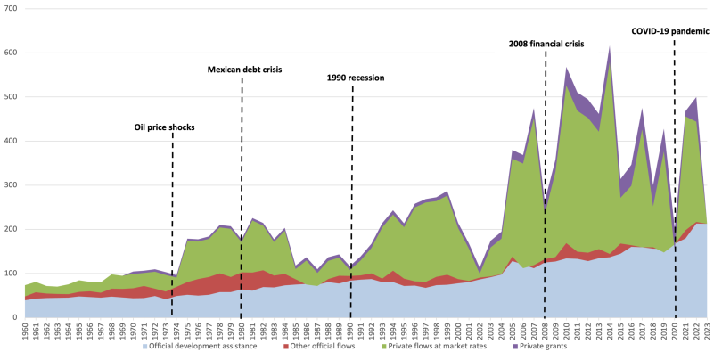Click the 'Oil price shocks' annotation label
tap(164, 127)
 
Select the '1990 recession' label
tap(354, 78)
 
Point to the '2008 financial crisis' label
tap(546, 43)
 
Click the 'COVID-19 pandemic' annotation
tap(670, 30)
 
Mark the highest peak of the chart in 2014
tap(610, 48)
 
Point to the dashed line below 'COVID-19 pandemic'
tap(675, 178)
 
